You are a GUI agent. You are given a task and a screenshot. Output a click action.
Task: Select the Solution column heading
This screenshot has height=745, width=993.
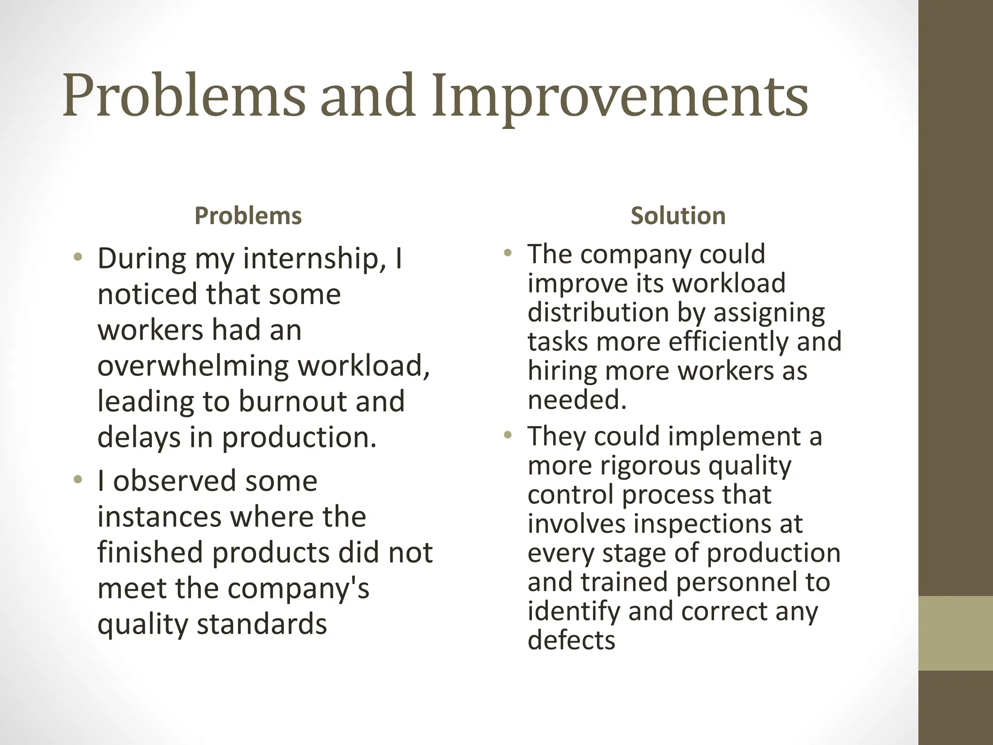click(x=678, y=216)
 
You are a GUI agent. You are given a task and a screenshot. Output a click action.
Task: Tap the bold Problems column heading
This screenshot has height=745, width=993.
click(x=248, y=216)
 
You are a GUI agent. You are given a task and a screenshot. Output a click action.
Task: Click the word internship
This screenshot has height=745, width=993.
click(x=310, y=259)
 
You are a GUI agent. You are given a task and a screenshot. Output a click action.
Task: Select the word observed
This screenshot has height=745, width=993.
click(x=175, y=481)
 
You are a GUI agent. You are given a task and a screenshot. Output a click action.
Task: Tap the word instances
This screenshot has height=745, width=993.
click(x=159, y=517)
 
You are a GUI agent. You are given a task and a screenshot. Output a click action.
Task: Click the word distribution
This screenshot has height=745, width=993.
click(x=597, y=312)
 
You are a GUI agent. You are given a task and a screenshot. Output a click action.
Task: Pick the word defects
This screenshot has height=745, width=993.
click(x=571, y=640)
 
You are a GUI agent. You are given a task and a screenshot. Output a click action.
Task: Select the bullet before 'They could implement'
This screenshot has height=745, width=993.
click(x=508, y=435)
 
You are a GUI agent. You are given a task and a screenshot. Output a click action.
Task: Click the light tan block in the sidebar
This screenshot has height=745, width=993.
click(x=956, y=633)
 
